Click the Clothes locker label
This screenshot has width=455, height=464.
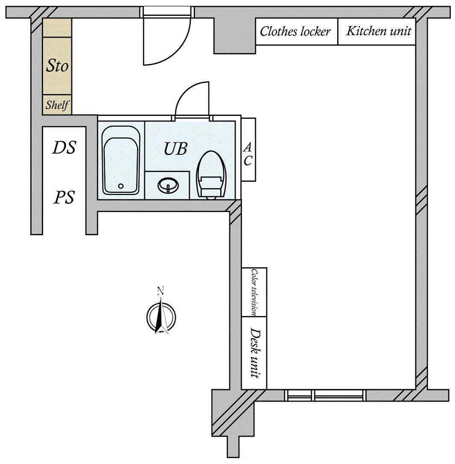pos(295,31)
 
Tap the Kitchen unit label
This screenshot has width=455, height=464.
pos(378,31)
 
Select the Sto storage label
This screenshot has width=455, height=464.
pos(57,66)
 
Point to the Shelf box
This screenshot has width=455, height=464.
pos(57,105)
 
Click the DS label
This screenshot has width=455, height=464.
pos(64,148)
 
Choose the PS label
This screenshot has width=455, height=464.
pos(64,198)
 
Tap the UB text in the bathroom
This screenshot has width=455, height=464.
pos(175,149)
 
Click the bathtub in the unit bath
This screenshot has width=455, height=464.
pos(121,160)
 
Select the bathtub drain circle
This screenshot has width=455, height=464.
pos(121,186)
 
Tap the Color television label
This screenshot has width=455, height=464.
pos(254,292)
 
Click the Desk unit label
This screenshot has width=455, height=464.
pos(255,353)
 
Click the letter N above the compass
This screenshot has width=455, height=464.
pos(161,291)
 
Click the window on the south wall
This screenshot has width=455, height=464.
pos(326,395)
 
